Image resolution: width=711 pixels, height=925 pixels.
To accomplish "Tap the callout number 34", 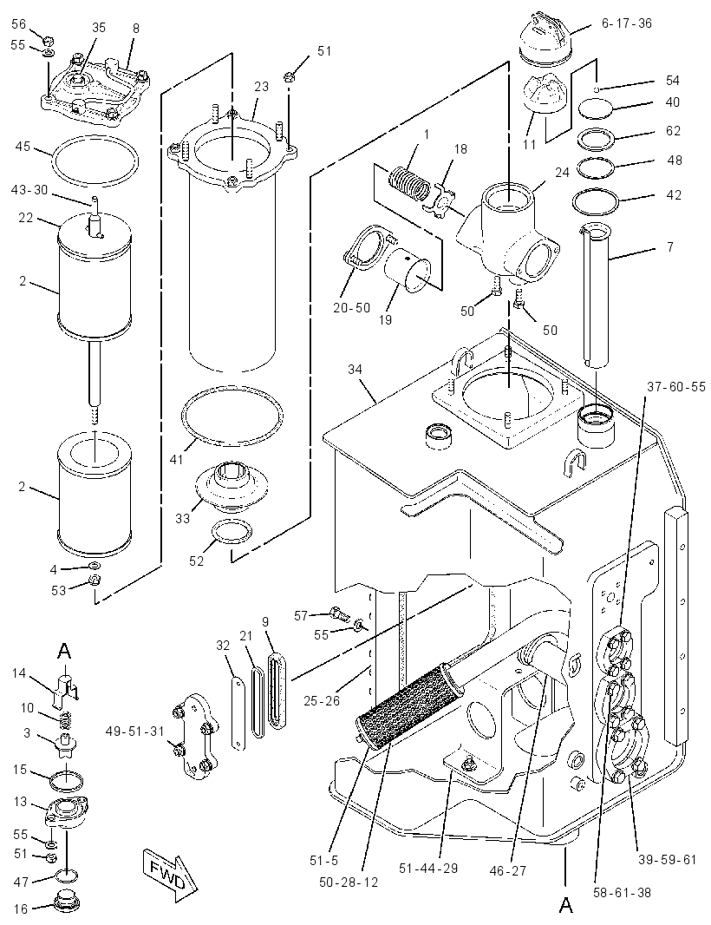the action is [355, 370].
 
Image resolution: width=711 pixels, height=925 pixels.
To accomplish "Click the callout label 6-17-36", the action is [626, 23].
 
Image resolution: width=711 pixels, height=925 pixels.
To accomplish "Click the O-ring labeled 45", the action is [95, 160].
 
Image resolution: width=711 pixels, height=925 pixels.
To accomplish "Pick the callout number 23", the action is [262, 87].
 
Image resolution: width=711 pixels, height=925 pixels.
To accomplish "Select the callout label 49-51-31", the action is [135, 731].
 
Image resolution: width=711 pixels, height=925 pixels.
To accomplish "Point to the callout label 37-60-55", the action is [675, 387].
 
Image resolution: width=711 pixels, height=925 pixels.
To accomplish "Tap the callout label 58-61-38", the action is [622, 892].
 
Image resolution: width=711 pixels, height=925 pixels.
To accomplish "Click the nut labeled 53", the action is [94, 581].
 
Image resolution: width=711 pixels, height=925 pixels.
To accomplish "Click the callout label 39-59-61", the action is [668, 860].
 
